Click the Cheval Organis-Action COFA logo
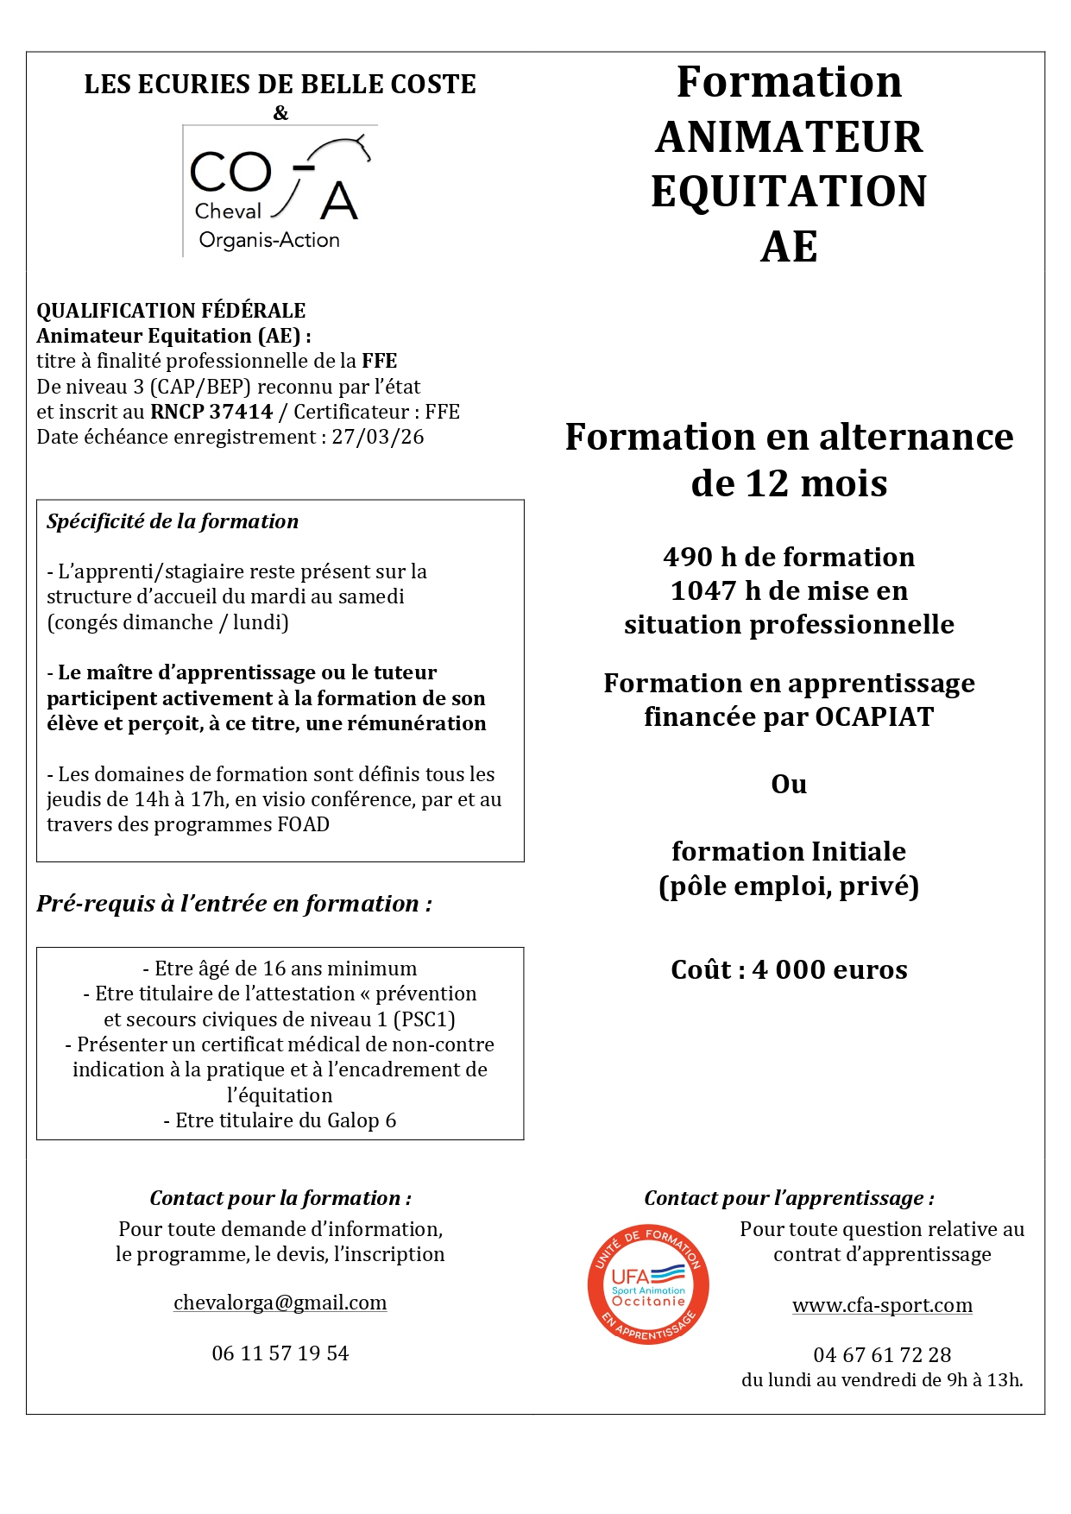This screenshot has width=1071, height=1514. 280,191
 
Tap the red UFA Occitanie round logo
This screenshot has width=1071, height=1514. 648,1284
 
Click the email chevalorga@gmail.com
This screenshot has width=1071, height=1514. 280,1303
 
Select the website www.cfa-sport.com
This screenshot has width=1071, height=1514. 882,1305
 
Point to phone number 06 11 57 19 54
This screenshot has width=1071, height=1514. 280,1353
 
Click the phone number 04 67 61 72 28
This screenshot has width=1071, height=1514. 882,1355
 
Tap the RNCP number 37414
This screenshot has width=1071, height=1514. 241,412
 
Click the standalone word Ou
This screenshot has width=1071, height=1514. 789,785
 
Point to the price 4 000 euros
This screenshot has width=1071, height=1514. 829,970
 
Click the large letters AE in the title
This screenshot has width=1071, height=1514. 789,247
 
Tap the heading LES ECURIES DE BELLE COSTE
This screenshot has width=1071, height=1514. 280,85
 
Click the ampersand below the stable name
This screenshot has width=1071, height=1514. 280,113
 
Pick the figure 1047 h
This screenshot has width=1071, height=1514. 715,591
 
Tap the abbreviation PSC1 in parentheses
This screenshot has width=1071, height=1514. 423,1019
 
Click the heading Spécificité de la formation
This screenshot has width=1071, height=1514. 173,521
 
